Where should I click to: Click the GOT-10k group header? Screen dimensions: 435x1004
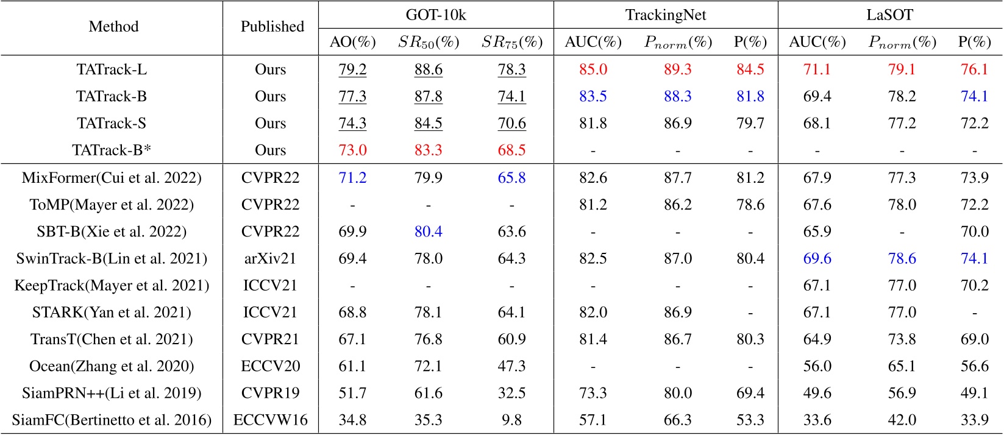pos(435,15)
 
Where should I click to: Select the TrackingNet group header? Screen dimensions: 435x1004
pos(666,15)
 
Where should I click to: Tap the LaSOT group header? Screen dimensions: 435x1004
pos(889,15)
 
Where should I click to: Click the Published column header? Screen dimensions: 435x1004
pos(272,27)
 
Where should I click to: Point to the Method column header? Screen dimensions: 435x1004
pos(113,27)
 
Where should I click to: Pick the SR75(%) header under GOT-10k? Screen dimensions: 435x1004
pos(511,42)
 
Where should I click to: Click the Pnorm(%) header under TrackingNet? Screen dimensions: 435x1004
pos(678,42)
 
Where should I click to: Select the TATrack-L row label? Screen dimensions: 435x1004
pos(112,69)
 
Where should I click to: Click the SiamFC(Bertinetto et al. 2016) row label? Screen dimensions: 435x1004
pos(112,420)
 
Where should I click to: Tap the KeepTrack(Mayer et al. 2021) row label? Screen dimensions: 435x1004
pos(112,286)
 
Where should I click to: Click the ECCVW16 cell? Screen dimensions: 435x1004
pos(271,420)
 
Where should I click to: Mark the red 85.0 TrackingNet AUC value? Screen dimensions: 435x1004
pos(593,69)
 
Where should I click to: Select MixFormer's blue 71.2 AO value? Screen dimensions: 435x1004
pos(352,178)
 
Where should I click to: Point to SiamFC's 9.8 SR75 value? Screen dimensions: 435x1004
pos(511,420)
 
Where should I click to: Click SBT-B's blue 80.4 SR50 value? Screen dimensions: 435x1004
pos(428,232)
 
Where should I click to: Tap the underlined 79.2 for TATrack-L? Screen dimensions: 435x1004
pos(352,69)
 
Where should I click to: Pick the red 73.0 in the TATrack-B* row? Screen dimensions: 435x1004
pos(352,150)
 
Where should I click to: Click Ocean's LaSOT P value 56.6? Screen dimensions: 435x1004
pos(974,366)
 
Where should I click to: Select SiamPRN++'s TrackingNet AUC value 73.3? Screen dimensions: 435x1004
pos(593,393)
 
